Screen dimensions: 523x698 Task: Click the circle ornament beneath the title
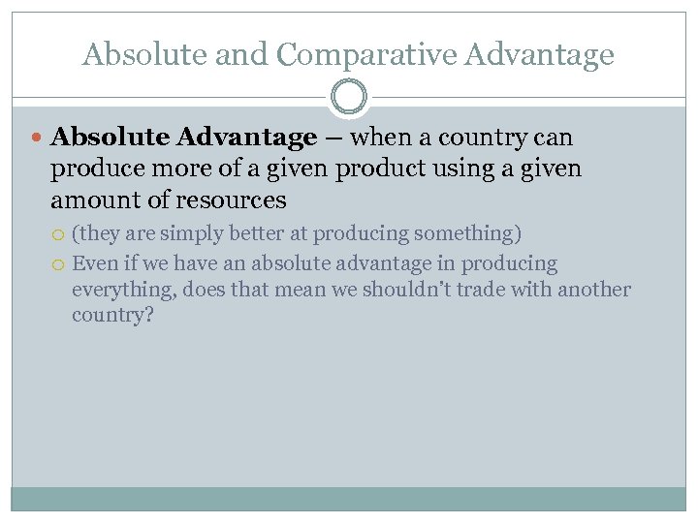[349, 98]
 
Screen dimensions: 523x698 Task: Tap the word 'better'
[255, 234]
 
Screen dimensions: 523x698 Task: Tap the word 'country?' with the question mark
[112, 316]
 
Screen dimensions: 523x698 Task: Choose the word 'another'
[592, 290]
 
